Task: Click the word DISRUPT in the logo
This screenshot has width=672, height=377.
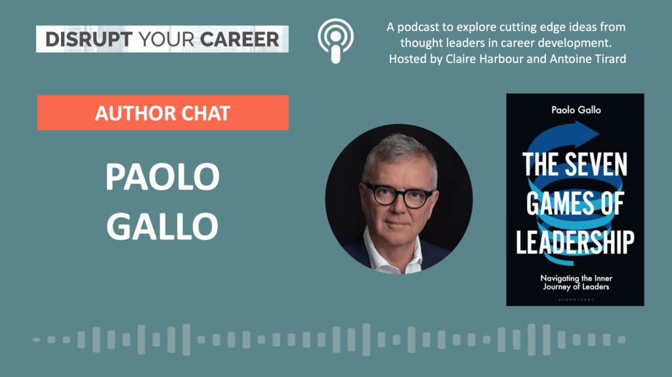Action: tap(89, 39)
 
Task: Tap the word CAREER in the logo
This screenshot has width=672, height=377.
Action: tap(240, 39)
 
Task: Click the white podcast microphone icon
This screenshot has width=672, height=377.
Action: tap(335, 41)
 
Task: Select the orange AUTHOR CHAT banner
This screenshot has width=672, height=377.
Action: tap(163, 113)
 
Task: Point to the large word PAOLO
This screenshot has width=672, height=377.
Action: tap(163, 177)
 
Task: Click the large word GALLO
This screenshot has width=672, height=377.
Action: tap(163, 226)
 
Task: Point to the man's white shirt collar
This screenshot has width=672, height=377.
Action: tap(392, 253)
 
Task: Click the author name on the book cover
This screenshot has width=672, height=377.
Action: tap(576, 110)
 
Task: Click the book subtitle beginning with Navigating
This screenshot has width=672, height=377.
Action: tap(576, 282)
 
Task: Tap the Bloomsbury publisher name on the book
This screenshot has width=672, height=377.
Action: tap(576, 299)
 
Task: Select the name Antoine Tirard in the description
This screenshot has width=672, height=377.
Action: tap(587, 58)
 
